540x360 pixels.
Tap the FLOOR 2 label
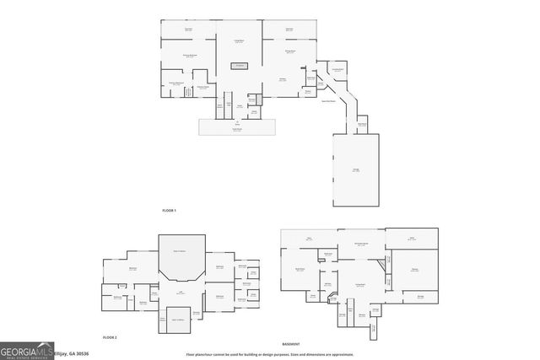pos(109,336)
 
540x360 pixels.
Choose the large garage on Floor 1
pos(355,170)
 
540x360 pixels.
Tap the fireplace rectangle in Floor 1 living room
pos(240,65)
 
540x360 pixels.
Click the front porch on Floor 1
pos(237,126)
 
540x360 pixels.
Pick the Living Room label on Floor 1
pos(240,40)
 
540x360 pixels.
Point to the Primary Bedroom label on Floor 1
pos(190,55)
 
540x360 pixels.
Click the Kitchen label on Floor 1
pos(283,80)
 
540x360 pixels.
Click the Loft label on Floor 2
pos(180,291)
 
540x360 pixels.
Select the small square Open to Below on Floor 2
pos(179,320)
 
